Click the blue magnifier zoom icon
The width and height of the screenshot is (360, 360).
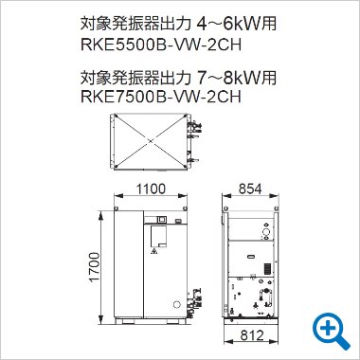click(331, 329)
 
